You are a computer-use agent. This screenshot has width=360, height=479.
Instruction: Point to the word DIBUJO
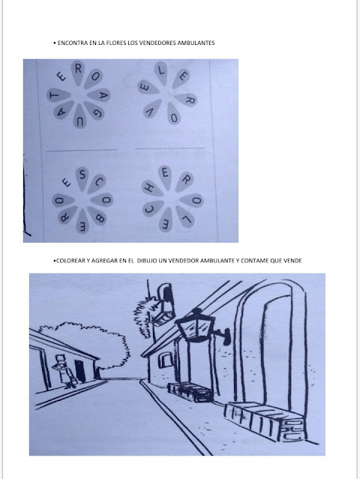pos(147,261)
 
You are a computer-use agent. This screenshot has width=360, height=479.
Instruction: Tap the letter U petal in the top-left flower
pos(79,116)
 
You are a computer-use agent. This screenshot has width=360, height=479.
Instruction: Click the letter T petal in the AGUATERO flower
pos(58,95)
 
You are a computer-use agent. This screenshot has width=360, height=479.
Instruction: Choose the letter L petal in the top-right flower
pos(160,73)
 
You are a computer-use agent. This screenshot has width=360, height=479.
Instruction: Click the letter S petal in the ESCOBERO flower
pos(82,178)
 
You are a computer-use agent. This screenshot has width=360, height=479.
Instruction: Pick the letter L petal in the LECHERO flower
pos(185,217)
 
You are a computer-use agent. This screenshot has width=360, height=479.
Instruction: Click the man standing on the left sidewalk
pos(64,371)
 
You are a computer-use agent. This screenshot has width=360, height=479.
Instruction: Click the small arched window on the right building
pos(165,360)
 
